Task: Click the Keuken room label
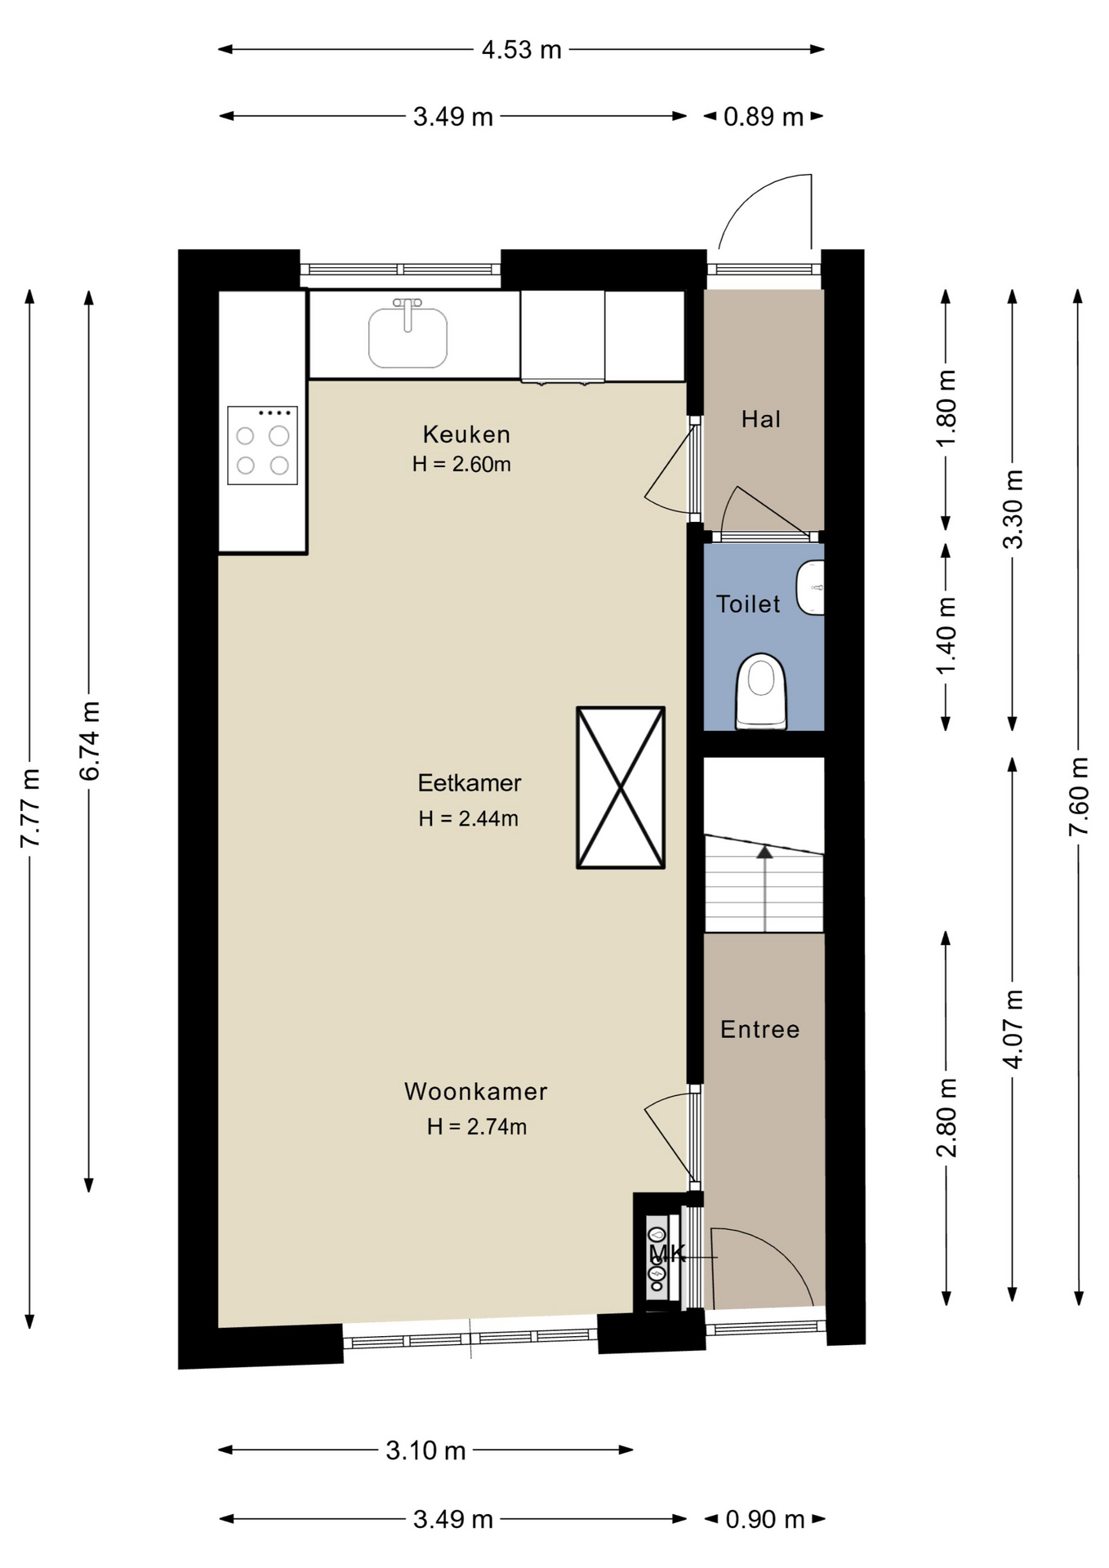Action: click(x=466, y=434)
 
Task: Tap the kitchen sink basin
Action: click(x=408, y=337)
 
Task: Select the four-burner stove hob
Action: click(x=262, y=445)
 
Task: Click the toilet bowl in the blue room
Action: click(x=761, y=690)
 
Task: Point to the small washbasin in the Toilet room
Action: click(x=810, y=587)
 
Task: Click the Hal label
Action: click(x=761, y=419)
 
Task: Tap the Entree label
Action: click(x=759, y=1029)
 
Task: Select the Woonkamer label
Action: click(x=475, y=1091)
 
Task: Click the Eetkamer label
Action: click(x=470, y=782)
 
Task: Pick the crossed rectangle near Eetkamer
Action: click(x=621, y=787)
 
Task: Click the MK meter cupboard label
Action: click(x=666, y=1254)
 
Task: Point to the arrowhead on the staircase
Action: click(x=764, y=852)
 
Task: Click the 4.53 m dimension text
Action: click(x=521, y=50)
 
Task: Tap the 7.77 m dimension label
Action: click(x=30, y=808)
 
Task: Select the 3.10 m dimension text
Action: click(x=425, y=1450)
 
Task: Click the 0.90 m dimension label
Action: click(x=765, y=1519)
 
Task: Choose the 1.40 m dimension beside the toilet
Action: click(x=946, y=636)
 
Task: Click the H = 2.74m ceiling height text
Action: click(x=477, y=1127)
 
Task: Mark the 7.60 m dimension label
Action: click(x=1079, y=796)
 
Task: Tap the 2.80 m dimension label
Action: click(x=946, y=1117)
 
